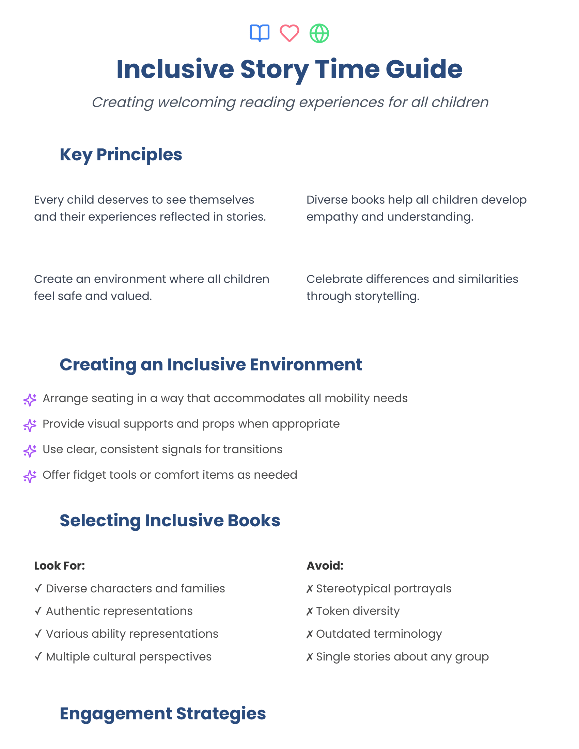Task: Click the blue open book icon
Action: pyautogui.click(x=260, y=33)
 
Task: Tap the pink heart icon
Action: pyautogui.click(x=289, y=33)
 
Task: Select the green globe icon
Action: pyautogui.click(x=319, y=33)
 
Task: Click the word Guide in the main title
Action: pyautogui.click(x=424, y=69)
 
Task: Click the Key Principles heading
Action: pyautogui.click(x=121, y=155)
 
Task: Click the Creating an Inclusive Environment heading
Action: pyautogui.click(x=210, y=365)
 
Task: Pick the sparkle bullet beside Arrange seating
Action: pyautogui.click(x=30, y=400)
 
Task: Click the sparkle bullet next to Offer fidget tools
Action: pyautogui.click(x=30, y=476)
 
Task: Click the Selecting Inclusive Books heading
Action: pyautogui.click(x=170, y=521)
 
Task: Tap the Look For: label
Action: pyautogui.click(x=59, y=566)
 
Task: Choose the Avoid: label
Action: pyautogui.click(x=325, y=566)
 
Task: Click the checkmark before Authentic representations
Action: pyautogui.click(x=38, y=611)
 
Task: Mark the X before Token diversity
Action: pyautogui.click(x=309, y=611)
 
